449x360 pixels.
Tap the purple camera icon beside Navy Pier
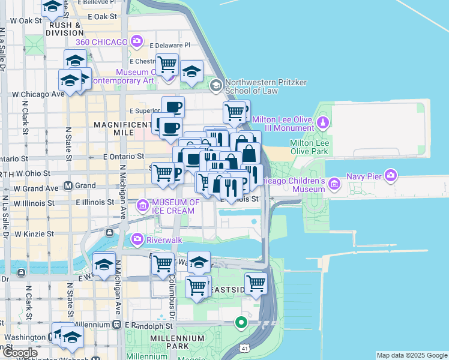point(391,176)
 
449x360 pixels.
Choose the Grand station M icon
point(68,186)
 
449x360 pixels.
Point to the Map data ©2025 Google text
point(412,355)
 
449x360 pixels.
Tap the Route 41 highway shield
point(245,348)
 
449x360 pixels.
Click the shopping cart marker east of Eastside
point(256,283)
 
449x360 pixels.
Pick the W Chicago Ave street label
point(38,94)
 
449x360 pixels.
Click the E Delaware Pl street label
point(170,45)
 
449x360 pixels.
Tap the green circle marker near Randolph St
point(241,323)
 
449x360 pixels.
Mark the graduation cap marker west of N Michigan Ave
point(104,265)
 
